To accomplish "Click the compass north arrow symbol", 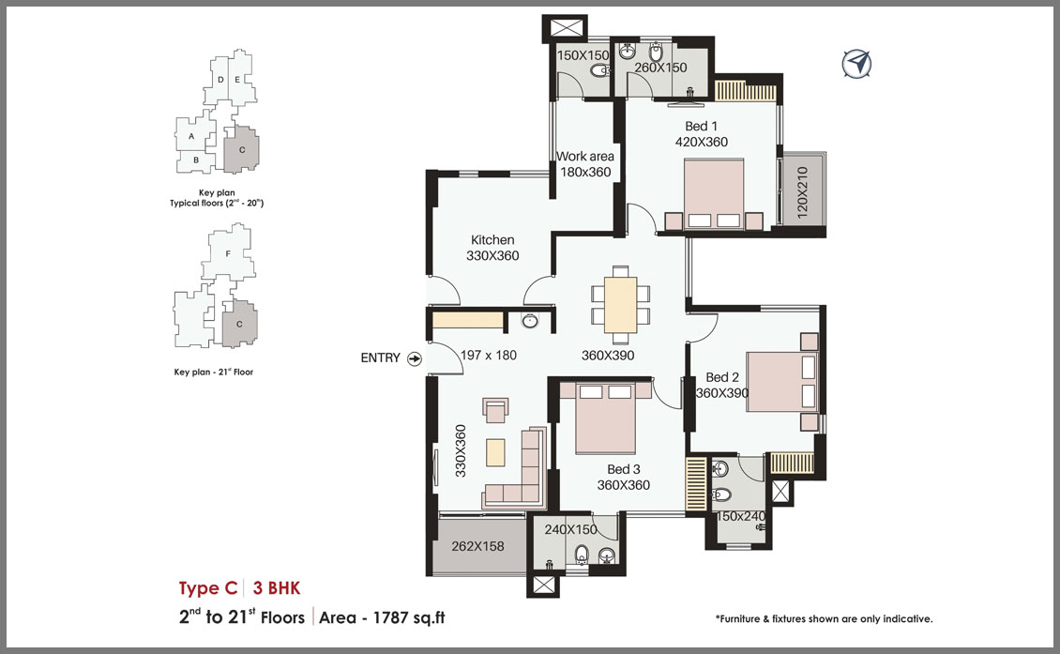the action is (856, 64).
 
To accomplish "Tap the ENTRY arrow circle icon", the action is (415, 358).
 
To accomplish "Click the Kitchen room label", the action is (492, 239).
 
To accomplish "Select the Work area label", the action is (585, 157).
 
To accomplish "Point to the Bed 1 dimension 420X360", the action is (702, 142).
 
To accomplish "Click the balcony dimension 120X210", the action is (802, 192).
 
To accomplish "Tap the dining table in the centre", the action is (621, 304).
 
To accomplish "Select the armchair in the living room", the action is (496, 410).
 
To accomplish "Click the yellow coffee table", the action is (495, 452).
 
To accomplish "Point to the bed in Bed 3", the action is (606, 418).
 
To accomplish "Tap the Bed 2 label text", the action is (722, 377).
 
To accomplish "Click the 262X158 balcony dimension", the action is (478, 546).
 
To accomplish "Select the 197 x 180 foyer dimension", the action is (489, 355).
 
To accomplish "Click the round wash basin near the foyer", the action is (531, 321).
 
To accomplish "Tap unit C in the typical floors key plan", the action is (242, 149).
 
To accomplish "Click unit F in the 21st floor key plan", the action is (229, 253).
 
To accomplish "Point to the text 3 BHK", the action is (277, 587).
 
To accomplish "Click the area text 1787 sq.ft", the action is (409, 617).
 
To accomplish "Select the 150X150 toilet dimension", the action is (583, 55).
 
